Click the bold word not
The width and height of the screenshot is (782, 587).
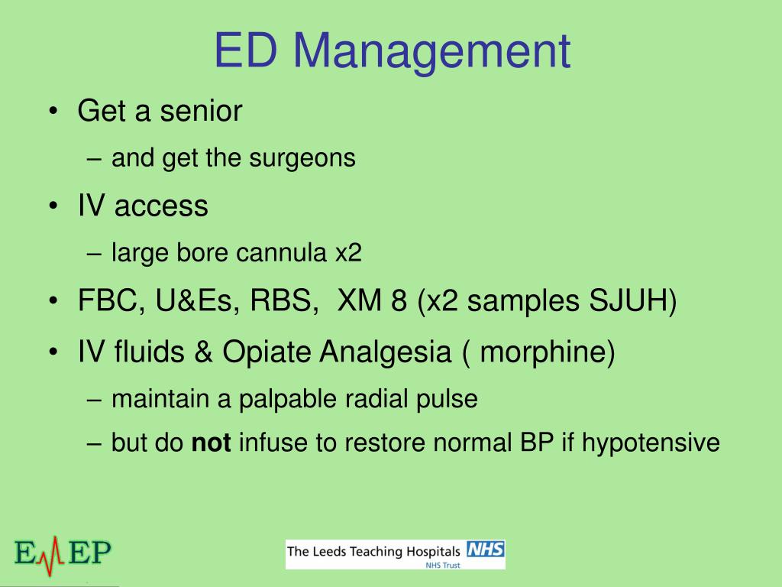coord(211,443)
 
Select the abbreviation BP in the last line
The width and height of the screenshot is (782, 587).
coord(533,443)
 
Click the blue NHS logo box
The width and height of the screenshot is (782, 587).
coord(486,550)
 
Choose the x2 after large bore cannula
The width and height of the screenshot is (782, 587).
coord(348,252)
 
